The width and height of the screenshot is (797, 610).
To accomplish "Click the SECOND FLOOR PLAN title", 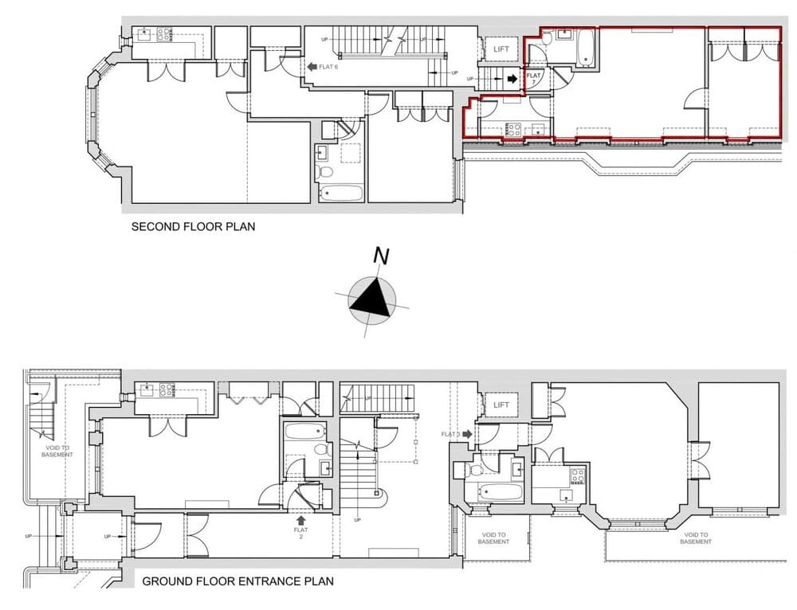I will pyautogui.click(x=193, y=227).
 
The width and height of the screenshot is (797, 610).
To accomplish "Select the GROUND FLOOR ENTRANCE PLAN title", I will pyautogui.click(x=238, y=581).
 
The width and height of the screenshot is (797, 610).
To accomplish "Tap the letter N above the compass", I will pyautogui.click(x=382, y=256).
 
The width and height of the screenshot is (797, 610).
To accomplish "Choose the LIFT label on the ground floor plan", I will pyautogui.click(x=501, y=405).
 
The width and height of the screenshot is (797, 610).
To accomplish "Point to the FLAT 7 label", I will pyautogui.click(x=534, y=78).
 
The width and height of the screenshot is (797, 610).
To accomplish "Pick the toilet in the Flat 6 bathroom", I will pyautogui.click(x=325, y=171).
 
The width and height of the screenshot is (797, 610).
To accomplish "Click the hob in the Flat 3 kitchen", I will pyautogui.click(x=576, y=476).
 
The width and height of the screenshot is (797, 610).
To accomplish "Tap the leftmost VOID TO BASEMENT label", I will pyautogui.click(x=57, y=451).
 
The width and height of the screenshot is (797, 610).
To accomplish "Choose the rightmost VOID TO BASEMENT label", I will pyautogui.click(x=697, y=538).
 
